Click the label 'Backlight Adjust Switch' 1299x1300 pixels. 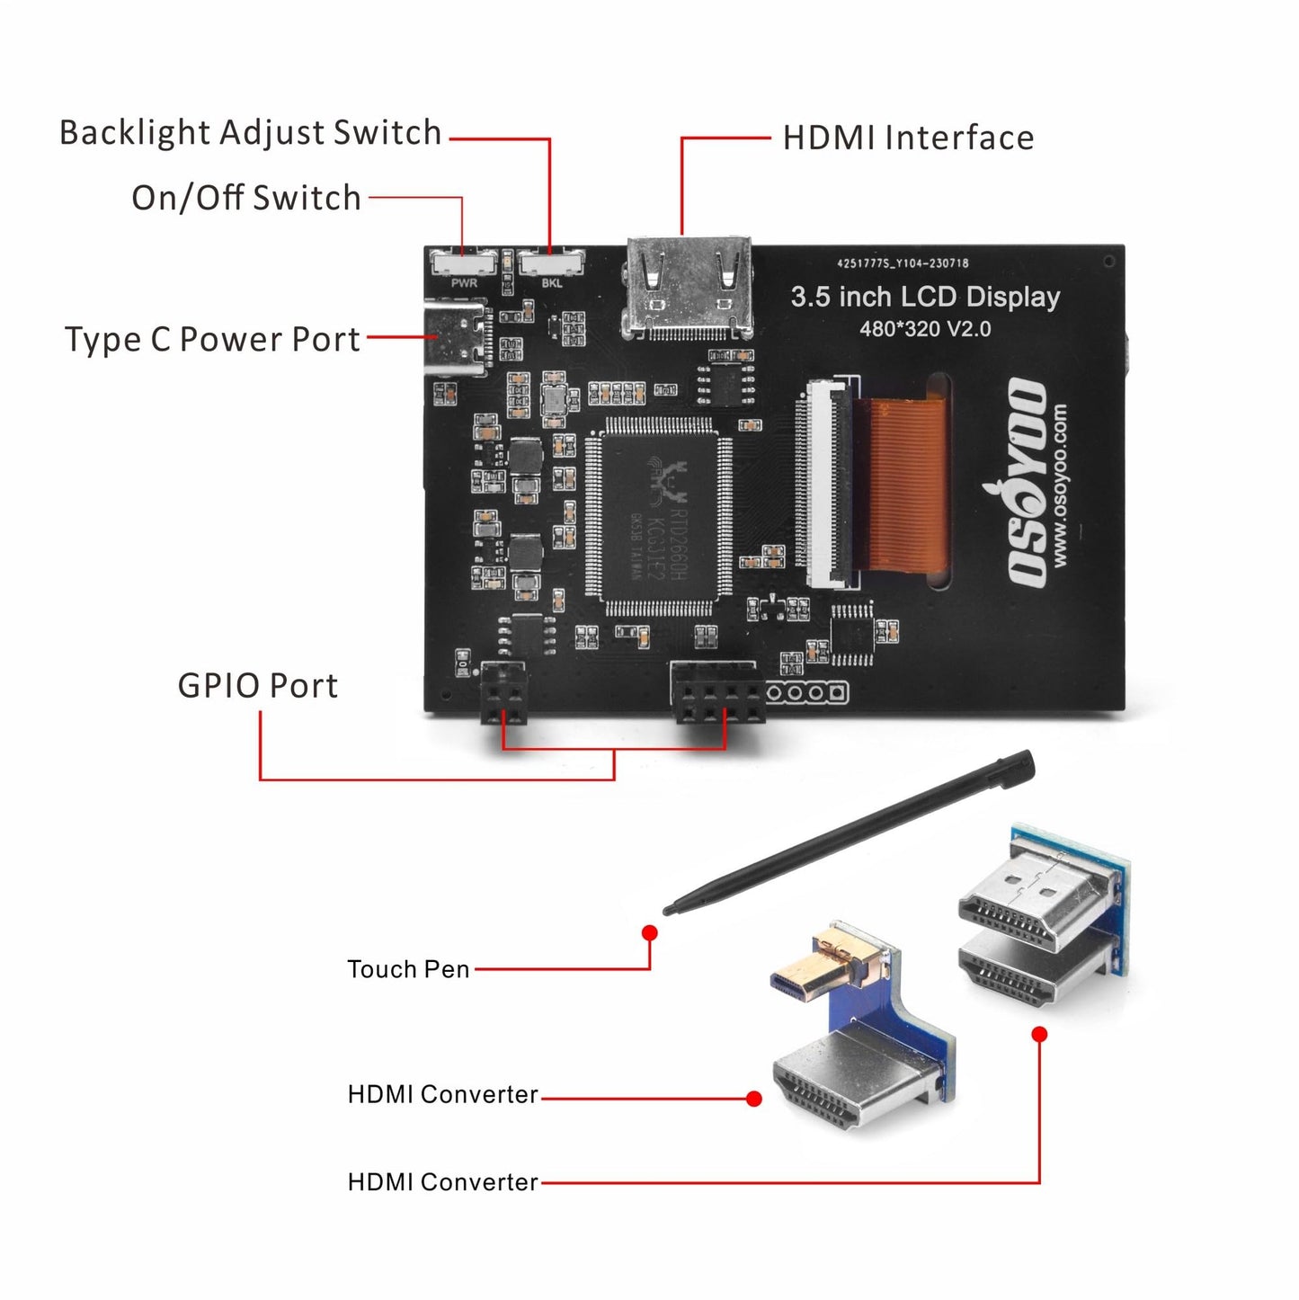pyautogui.click(x=250, y=133)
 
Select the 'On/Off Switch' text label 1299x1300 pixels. pyautogui.click(x=245, y=198)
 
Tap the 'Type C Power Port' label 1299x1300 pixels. pyautogui.click(x=212, y=340)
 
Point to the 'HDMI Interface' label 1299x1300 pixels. pyautogui.click(x=908, y=138)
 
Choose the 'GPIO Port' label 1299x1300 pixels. pyautogui.click(x=257, y=686)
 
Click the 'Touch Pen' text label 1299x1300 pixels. pyautogui.click(x=408, y=969)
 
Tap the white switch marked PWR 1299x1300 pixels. pyautogui.click(x=463, y=263)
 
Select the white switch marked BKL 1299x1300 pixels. pyautogui.click(x=550, y=263)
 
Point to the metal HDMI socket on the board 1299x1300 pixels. pyautogui.click(x=690, y=286)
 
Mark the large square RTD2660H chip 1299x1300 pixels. pyautogui.click(x=660, y=516)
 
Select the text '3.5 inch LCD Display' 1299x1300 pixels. pyautogui.click(x=925, y=297)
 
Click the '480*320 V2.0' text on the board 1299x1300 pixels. pyautogui.click(x=925, y=329)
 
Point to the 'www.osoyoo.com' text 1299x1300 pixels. pyautogui.click(x=1061, y=485)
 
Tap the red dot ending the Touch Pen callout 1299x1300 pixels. pyautogui.click(x=650, y=933)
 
